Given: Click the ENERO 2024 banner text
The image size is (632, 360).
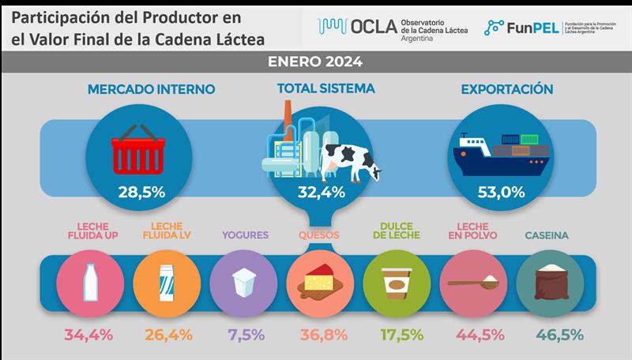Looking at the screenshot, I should (316, 61).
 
